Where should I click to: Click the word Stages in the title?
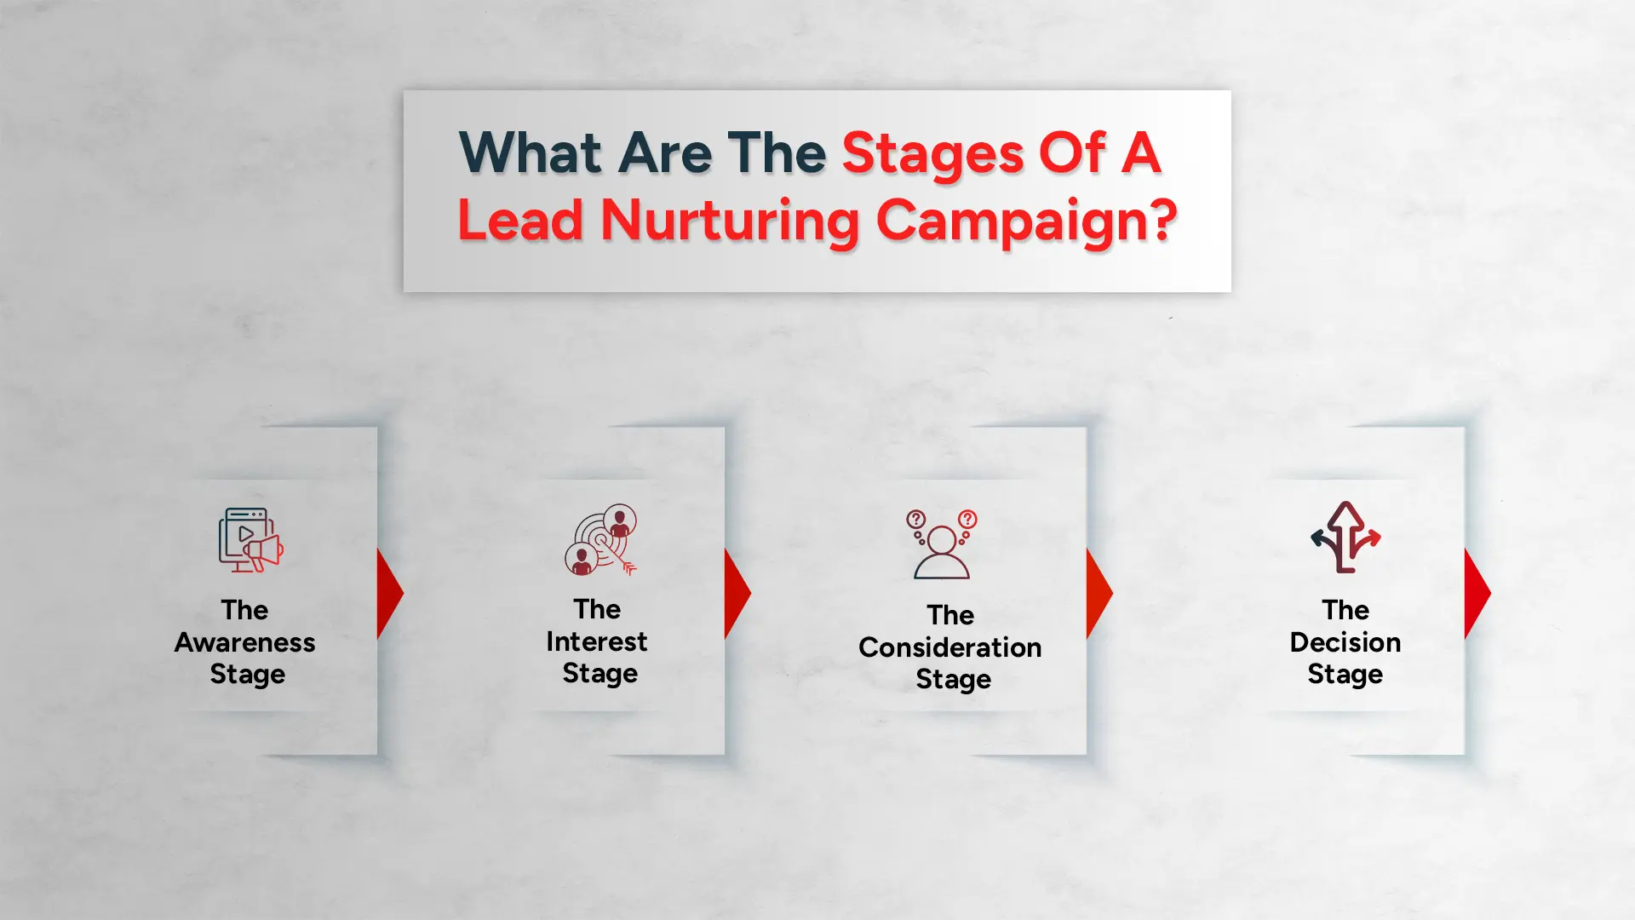pyautogui.click(x=932, y=154)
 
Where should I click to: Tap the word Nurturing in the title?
pyautogui.click(x=731, y=221)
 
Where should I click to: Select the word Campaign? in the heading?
pyautogui.click(x=1026, y=221)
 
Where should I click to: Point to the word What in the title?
pyautogui.click(x=531, y=154)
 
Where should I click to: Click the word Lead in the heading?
pyautogui.click(x=520, y=221)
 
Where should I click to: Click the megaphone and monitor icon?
pyautogui.click(x=250, y=540)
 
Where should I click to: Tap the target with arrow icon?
pyautogui.click(x=601, y=540)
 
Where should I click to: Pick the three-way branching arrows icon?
pyautogui.click(x=1345, y=538)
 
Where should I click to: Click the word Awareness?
pyautogui.click(x=245, y=642)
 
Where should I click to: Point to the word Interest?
pyautogui.click(x=597, y=641)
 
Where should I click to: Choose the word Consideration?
pyautogui.click(x=950, y=647)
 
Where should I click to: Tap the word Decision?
pyautogui.click(x=1345, y=642)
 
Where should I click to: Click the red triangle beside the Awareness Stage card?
pyautogui.click(x=388, y=593)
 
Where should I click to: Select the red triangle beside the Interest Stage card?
pyautogui.click(x=736, y=593)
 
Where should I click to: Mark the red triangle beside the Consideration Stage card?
pyautogui.click(x=1098, y=593)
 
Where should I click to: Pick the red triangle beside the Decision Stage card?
pyautogui.click(x=1476, y=593)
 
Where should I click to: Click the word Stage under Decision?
pyautogui.click(x=1345, y=675)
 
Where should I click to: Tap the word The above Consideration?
pyautogui.click(x=950, y=615)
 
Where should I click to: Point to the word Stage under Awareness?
pyautogui.click(x=248, y=675)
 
